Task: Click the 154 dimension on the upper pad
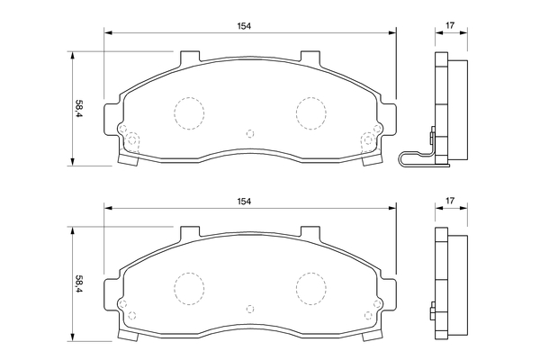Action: click(x=244, y=26)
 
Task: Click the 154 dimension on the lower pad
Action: click(x=244, y=202)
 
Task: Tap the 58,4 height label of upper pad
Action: click(x=79, y=109)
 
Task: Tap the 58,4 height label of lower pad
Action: click(x=79, y=284)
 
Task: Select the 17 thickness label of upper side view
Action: click(x=450, y=25)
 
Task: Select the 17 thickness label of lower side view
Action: click(x=450, y=201)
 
